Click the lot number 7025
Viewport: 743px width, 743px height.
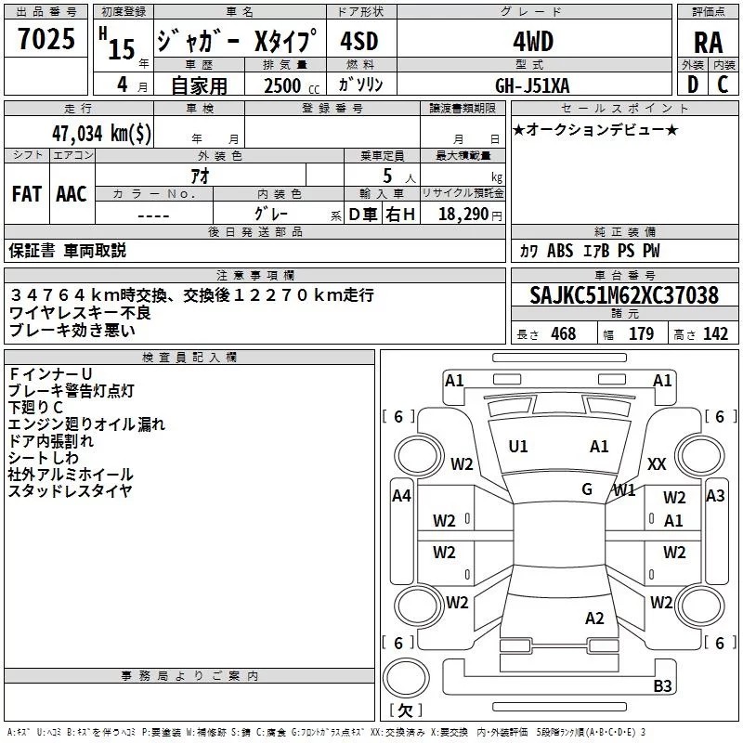coord(46,41)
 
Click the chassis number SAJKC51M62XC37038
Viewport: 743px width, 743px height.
coord(624,296)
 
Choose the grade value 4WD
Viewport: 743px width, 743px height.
coord(532,42)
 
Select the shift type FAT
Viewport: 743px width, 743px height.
coord(26,194)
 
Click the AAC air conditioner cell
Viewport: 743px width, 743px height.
coord(71,194)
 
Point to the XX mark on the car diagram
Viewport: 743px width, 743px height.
coord(657,464)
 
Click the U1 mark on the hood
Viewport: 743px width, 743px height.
coord(518,447)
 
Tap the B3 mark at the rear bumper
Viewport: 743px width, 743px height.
coord(662,686)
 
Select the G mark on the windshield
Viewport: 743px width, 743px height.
coord(587,489)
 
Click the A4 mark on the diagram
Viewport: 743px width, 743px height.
coord(401,497)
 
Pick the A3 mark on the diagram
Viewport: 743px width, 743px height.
coord(715,497)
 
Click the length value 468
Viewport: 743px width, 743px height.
coord(563,334)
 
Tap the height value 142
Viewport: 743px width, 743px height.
coord(715,334)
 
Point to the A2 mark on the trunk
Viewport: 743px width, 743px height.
coord(595,619)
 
